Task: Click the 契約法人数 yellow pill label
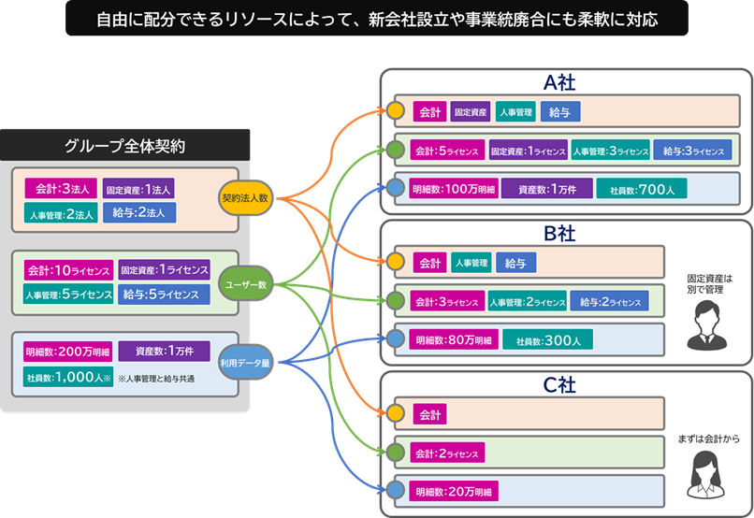click(245, 198)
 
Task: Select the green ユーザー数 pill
click(245, 283)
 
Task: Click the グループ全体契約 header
click(125, 146)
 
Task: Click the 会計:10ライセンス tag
click(68, 271)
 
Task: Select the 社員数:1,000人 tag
click(68, 377)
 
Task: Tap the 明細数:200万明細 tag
click(66, 352)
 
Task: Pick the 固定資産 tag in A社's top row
click(471, 112)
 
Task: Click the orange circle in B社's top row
click(396, 263)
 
